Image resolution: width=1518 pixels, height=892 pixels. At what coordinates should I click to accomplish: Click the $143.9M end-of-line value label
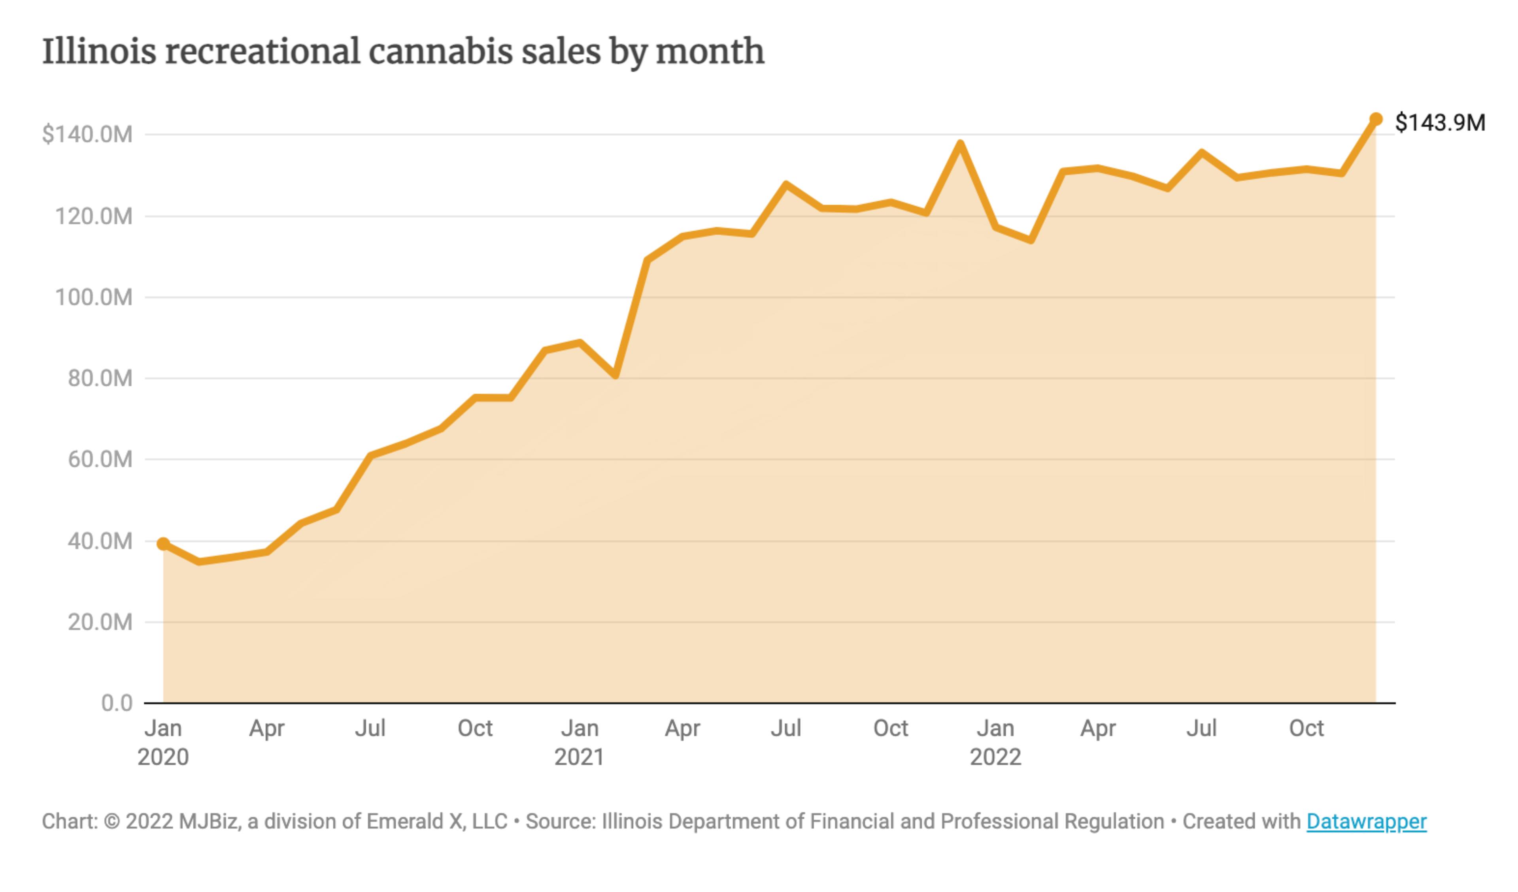click(1440, 123)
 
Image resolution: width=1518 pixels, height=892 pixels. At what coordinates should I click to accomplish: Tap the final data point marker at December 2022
click(1376, 119)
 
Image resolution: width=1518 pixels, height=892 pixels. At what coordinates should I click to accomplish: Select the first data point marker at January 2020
click(162, 543)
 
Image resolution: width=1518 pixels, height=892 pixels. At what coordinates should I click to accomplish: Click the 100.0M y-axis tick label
click(93, 297)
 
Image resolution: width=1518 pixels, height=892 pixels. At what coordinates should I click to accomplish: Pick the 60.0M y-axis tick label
click(99, 459)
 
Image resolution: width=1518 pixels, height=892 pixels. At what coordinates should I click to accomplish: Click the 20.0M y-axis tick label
click(99, 622)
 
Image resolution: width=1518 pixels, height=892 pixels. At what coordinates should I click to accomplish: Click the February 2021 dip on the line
click(615, 376)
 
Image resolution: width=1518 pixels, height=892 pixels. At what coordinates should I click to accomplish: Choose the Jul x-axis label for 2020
click(370, 728)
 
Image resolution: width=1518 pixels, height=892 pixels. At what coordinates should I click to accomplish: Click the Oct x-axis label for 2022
click(1306, 728)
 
